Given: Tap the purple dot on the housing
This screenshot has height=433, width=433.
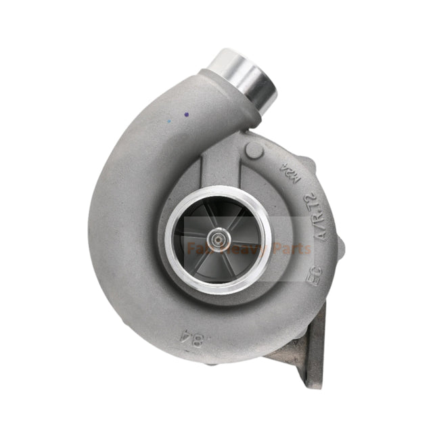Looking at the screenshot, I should (185, 115).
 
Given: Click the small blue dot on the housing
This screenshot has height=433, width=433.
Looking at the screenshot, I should (168, 122).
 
